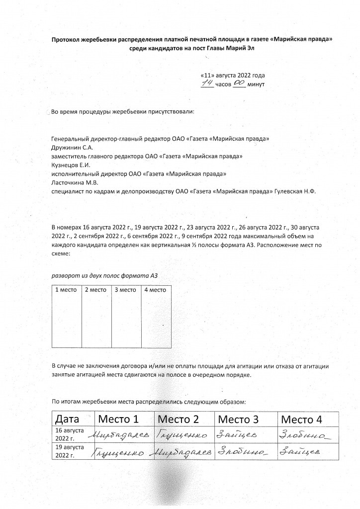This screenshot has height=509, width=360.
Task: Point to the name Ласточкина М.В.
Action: pos(72,182)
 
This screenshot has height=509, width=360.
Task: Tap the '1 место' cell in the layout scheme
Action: pos(67,317)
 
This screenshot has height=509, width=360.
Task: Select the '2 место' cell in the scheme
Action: pos(96,317)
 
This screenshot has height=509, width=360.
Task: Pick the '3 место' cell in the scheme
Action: pos(126,317)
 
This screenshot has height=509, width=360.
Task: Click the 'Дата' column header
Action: pos(68,419)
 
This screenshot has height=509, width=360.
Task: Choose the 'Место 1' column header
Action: pos(118,419)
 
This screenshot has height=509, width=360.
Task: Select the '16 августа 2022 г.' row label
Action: pos(69,434)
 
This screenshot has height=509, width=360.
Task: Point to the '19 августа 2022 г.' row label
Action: pos(69,451)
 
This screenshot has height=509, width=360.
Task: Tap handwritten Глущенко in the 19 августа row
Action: pos(118,452)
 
